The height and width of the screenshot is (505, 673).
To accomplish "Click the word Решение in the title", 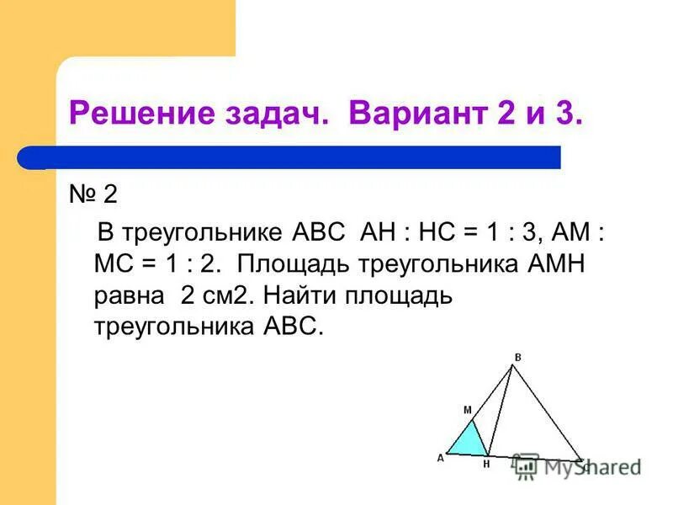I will pos(133,113).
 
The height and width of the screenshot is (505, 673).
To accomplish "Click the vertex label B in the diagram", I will pos(517,357).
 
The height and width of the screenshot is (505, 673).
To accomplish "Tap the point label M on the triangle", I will pos(467,410).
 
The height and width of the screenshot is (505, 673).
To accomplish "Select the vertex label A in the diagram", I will pos(439,458).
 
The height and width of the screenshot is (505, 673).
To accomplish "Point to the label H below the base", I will pos(485,464).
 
